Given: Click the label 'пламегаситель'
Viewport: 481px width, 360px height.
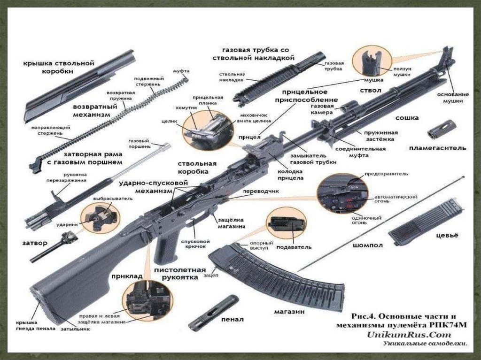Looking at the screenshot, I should pyautogui.click(x=437, y=148).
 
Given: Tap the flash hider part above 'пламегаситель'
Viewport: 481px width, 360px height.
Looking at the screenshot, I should pyautogui.click(x=442, y=129).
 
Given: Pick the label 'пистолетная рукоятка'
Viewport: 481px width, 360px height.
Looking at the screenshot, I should pyautogui.click(x=179, y=274).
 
